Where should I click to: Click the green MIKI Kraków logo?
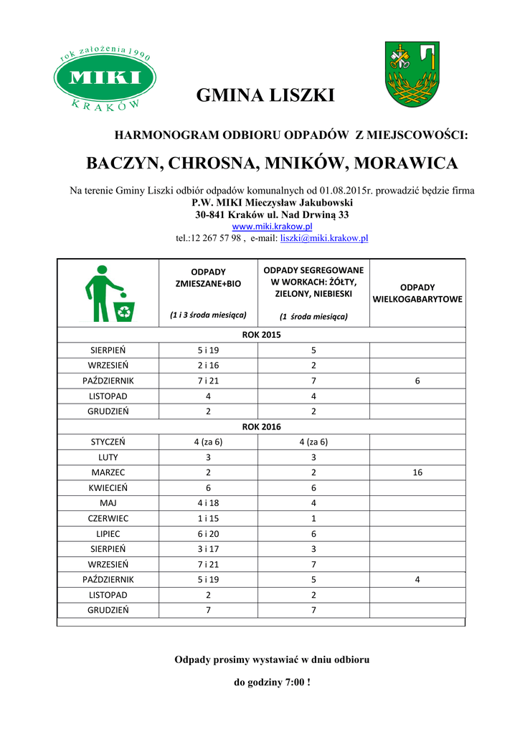105,78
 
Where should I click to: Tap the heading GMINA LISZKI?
265,95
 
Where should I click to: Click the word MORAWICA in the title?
405,163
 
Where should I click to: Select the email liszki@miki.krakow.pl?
323,237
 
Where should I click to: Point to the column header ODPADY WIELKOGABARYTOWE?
417,293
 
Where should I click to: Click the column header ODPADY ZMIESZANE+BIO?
208,278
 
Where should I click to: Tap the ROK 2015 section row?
261,335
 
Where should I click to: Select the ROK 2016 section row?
261,426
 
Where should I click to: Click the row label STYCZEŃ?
108,442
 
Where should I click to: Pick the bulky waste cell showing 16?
417,472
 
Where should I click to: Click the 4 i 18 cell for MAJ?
208,502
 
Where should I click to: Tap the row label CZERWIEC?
108,518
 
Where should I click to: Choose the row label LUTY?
108,457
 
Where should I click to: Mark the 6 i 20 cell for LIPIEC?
208,533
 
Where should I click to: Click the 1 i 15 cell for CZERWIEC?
208,518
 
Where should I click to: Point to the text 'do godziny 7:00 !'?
273,682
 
